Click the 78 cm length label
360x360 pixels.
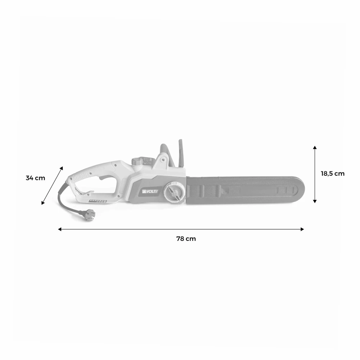coord(186,239)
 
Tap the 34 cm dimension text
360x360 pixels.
coord(35,178)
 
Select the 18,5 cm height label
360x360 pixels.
coord(333,174)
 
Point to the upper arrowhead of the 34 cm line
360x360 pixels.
coord(62,168)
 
